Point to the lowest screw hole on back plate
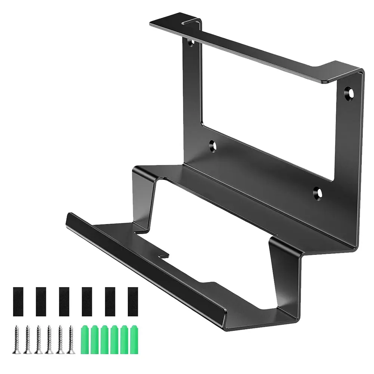[x=318, y=192]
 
